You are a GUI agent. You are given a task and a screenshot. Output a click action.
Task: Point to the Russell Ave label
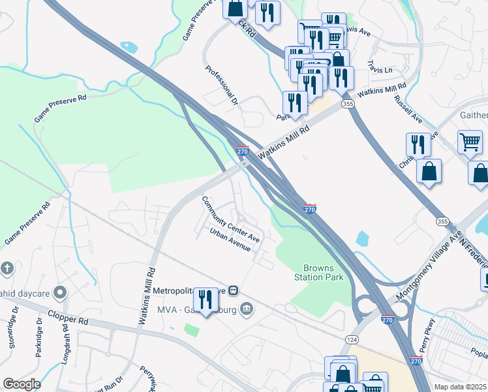click(x=408, y=110)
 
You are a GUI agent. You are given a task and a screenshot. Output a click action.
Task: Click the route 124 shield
click(x=352, y=340)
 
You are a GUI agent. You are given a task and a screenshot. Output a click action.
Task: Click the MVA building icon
click(x=246, y=308)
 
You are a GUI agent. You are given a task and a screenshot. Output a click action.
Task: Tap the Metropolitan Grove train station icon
click(x=234, y=291)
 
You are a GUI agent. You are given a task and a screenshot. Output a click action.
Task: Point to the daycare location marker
click(x=60, y=291)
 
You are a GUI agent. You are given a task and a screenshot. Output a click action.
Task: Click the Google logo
click(x=22, y=384)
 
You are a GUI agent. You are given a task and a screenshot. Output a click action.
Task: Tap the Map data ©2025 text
click(x=460, y=387)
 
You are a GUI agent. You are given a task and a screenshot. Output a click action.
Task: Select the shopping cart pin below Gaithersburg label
click(x=470, y=142)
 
